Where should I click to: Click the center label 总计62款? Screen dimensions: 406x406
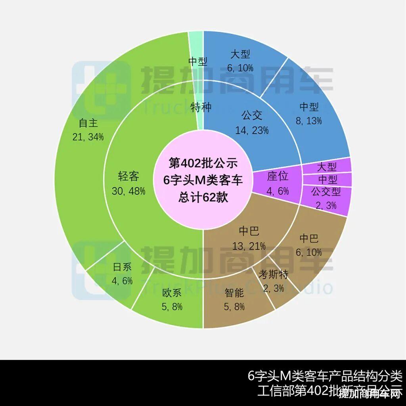pyautogui.click(x=203, y=197)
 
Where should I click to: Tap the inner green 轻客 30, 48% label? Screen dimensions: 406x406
pyautogui.click(x=128, y=183)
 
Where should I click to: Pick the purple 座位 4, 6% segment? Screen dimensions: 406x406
pyautogui.click(x=278, y=184)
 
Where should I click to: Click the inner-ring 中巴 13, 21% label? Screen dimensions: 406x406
pyautogui.click(x=249, y=238)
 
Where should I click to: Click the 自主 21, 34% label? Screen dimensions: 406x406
pyautogui.click(x=88, y=130)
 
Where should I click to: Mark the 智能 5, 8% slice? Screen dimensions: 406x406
pyautogui.click(x=234, y=299)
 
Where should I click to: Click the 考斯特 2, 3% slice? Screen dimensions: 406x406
pyautogui.click(x=274, y=281)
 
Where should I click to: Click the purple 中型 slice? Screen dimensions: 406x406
pyautogui.click(x=327, y=179)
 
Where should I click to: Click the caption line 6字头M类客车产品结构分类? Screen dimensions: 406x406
pyautogui.click(x=325, y=375)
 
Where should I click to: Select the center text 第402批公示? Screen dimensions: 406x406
pyautogui.click(x=203, y=163)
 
